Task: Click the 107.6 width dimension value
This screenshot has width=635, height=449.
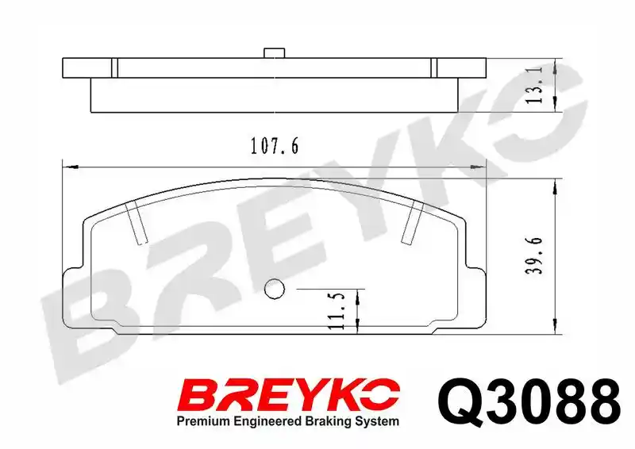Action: pos(275,146)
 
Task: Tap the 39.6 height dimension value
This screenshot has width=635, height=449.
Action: pos(534,256)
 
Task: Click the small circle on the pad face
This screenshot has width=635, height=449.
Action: pos(274,289)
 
